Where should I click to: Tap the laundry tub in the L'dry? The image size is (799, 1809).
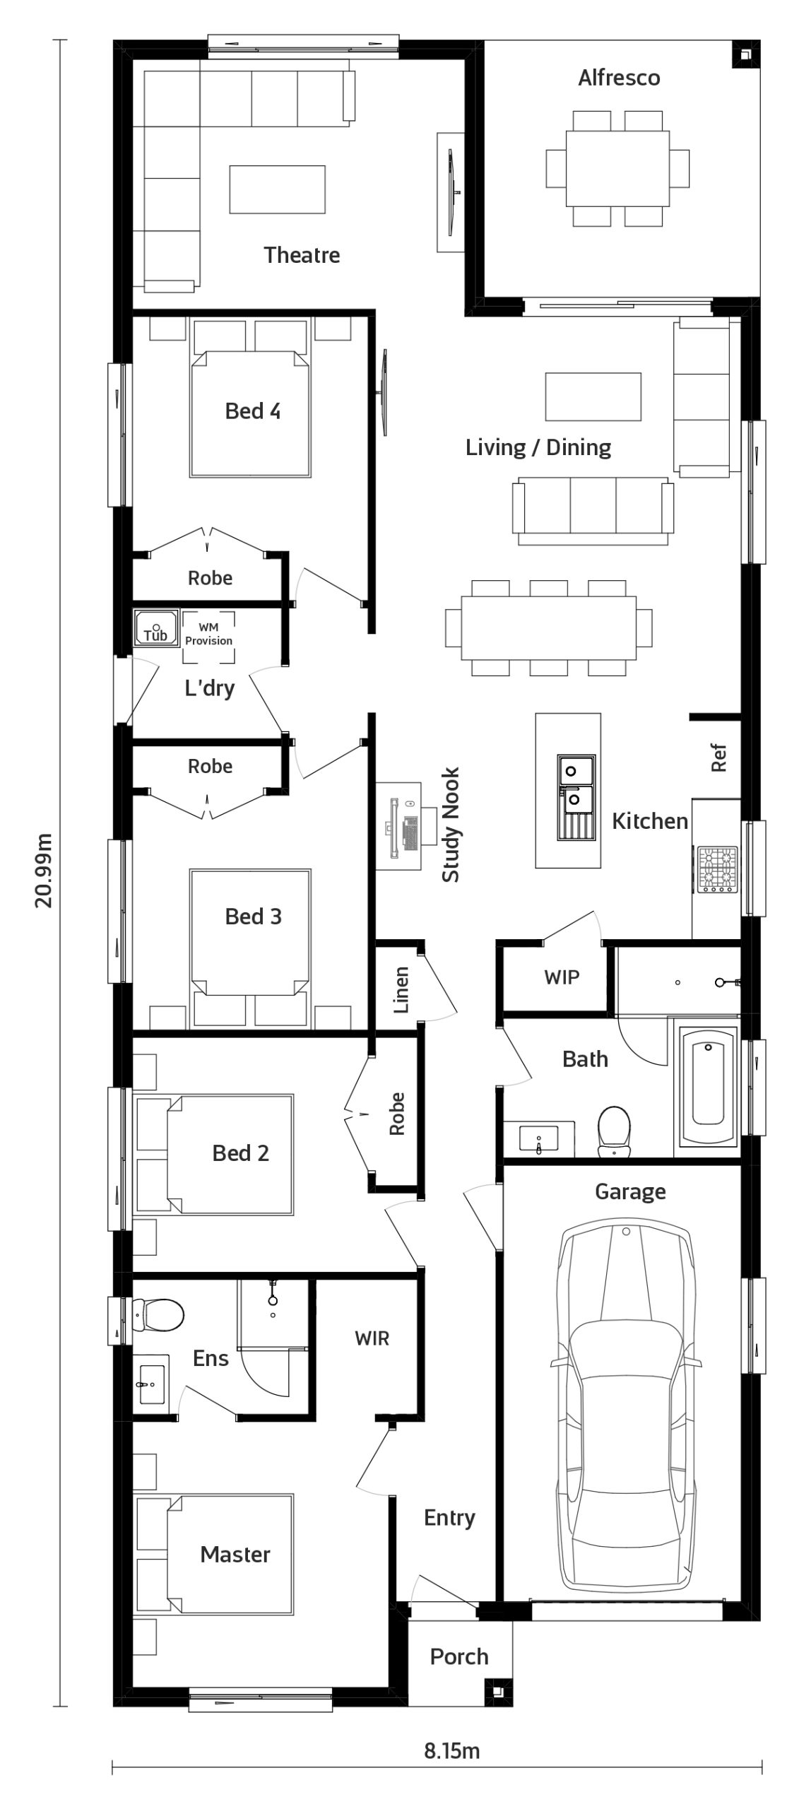(155, 629)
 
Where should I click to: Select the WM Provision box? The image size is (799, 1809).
(208, 637)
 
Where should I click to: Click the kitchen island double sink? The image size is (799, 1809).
(576, 797)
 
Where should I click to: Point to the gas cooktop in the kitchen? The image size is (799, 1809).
(717, 868)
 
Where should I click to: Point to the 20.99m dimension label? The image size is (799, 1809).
(44, 870)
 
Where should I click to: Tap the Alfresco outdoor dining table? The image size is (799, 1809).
(617, 167)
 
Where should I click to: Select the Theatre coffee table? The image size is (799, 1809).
(277, 189)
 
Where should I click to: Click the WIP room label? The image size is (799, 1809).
(562, 977)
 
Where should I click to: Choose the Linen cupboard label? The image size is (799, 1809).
(401, 990)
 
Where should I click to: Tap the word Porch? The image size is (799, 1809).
(459, 1656)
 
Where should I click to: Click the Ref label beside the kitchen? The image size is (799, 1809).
(718, 758)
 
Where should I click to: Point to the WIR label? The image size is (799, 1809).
(372, 1338)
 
